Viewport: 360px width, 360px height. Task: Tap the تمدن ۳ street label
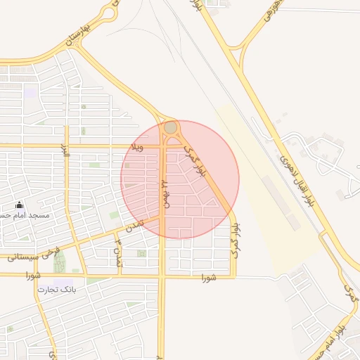coord(118,251)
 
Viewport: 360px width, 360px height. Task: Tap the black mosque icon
coord(19,205)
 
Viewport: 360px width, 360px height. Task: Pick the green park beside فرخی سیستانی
coord(60,262)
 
